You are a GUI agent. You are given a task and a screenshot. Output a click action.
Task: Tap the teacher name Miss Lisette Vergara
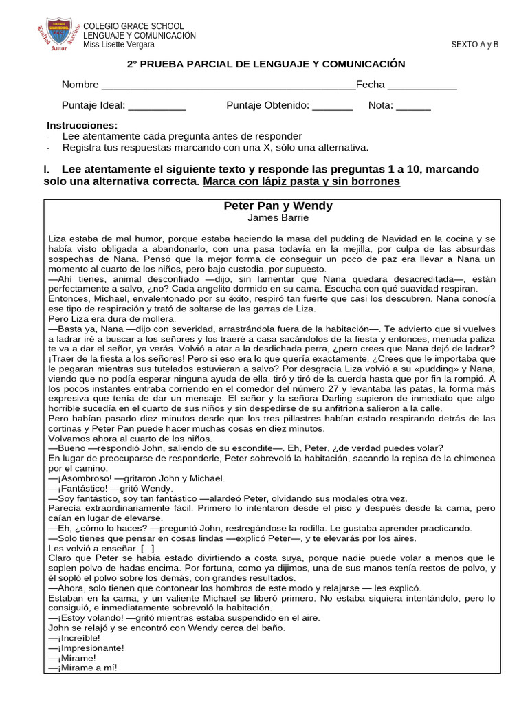pyautogui.click(x=118, y=45)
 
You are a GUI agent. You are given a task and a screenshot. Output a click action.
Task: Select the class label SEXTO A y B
pyautogui.click(x=474, y=45)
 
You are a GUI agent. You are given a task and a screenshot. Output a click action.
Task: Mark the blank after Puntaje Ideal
pyautogui.click(x=157, y=107)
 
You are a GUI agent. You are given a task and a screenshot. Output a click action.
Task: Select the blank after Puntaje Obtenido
pyautogui.click(x=332, y=107)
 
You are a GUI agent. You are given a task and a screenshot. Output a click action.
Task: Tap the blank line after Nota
pyautogui.click(x=413, y=107)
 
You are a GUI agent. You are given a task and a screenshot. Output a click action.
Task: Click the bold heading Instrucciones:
pyautogui.click(x=82, y=125)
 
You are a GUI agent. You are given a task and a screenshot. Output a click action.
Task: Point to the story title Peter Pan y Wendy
pyautogui.click(x=278, y=206)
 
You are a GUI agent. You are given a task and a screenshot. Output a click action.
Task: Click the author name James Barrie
pyautogui.click(x=278, y=218)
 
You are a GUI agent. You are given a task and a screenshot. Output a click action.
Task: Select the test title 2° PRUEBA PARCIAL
pyautogui.click(x=267, y=64)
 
